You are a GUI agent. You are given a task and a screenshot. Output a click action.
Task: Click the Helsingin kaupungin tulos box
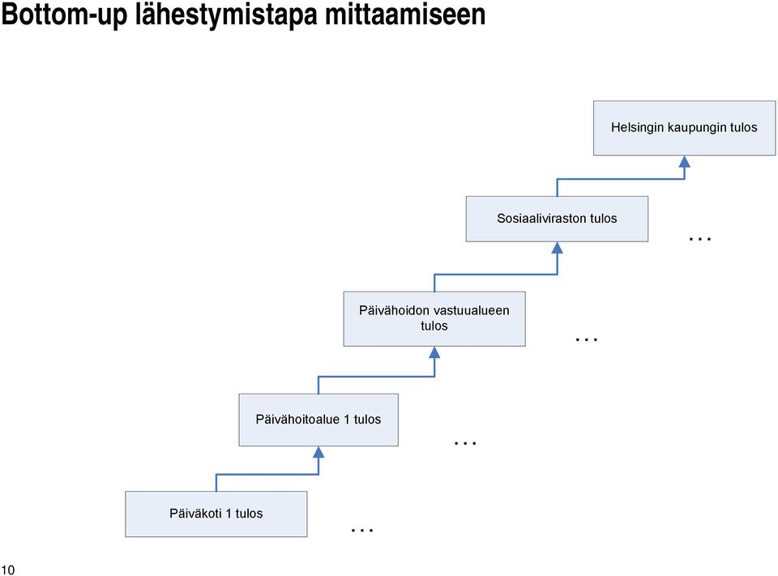684,128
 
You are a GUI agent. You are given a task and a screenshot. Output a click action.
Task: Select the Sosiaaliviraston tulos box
557,219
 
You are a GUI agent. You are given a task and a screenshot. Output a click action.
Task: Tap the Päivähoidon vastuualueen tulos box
434,318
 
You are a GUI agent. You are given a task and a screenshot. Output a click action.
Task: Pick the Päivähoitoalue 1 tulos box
318,420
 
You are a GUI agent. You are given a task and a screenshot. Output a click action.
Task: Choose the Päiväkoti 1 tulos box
216,514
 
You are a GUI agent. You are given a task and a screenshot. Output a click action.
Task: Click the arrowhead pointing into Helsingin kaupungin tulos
685,161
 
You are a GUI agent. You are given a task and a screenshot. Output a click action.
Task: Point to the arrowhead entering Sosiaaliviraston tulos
558,248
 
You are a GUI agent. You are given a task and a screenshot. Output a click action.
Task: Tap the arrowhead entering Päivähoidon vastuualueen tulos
434,352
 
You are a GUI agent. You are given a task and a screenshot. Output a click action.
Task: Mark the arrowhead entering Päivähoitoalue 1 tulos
318,452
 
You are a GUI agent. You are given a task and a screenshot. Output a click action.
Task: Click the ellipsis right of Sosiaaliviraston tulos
700,239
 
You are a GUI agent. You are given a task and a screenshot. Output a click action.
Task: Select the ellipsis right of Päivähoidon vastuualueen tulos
587,339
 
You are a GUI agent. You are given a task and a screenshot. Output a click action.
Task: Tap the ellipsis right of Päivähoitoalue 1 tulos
465,442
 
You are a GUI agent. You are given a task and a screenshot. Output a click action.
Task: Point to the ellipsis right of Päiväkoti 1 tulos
362,531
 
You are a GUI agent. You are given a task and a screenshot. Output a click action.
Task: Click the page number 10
8,570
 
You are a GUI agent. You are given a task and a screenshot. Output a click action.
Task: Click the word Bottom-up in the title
65,15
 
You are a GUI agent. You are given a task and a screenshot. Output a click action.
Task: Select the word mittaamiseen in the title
405,15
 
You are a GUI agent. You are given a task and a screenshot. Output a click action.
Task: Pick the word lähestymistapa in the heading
226,15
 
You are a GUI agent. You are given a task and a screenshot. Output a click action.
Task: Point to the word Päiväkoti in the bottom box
195,513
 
